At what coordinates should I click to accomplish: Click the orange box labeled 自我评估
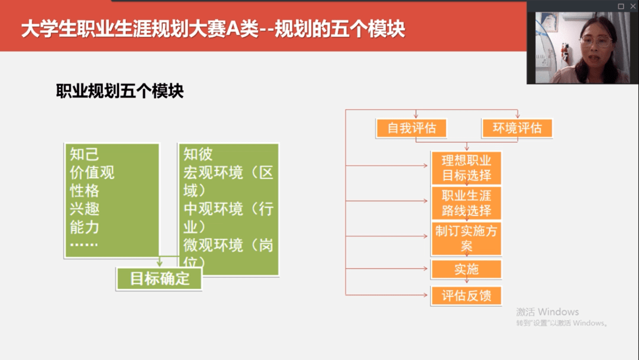tap(411, 128)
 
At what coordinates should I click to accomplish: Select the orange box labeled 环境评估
tap(517, 128)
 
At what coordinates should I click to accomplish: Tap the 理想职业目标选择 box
tap(466, 168)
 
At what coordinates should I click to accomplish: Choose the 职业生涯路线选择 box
tap(466, 203)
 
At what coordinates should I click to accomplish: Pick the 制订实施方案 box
tap(466, 239)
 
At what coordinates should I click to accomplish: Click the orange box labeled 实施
tap(466, 269)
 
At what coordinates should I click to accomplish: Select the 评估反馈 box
tap(466, 295)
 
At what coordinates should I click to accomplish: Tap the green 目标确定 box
tap(159, 279)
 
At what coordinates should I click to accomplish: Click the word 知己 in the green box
tap(85, 154)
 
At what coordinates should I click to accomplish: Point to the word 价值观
tap(92, 172)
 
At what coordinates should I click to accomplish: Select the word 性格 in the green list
tap(85, 191)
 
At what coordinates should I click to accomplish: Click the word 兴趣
tap(85, 209)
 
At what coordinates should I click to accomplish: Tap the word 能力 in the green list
tap(85, 227)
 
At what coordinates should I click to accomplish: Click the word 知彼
tap(198, 154)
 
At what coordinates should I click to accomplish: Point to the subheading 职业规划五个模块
tap(120, 91)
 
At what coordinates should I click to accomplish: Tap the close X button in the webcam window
tap(633, 6)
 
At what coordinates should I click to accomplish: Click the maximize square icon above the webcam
tap(621, 6)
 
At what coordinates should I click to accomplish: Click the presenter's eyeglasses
tap(597, 41)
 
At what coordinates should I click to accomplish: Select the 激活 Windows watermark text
tap(547, 312)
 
